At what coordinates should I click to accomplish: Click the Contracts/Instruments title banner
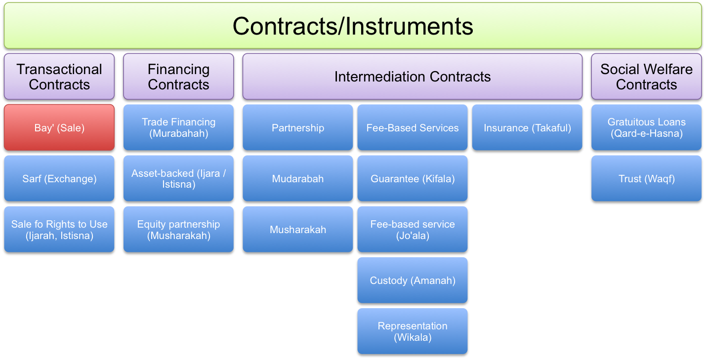[x=353, y=26]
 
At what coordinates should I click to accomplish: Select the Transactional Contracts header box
[x=59, y=77]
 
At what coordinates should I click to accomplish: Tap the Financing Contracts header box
[x=178, y=77]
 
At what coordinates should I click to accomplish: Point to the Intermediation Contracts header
[x=412, y=77]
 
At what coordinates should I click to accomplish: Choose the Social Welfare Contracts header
[x=646, y=77]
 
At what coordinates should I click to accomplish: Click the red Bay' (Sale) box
[x=59, y=128]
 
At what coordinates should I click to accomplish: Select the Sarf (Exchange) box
[x=59, y=179]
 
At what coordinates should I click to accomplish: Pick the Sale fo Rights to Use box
[x=59, y=230]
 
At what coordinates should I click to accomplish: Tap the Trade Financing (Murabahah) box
[x=178, y=128]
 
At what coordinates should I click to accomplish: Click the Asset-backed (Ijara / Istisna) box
[x=178, y=179]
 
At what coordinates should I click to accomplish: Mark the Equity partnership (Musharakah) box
[x=178, y=230]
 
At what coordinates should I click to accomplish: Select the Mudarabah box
[x=298, y=179]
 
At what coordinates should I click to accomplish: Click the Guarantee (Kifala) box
[x=413, y=179]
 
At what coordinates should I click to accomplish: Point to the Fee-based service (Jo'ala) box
[x=413, y=230]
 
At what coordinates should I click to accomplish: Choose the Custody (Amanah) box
[x=413, y=280]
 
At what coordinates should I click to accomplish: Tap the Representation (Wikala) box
[x=413, y=332]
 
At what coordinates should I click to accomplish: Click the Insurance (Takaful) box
[x=527, y=128]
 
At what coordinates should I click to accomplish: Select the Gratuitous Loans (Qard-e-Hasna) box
[x=646, y=128]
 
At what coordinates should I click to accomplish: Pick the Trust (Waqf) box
[x=646, y=179]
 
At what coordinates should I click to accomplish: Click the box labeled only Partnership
[x=298, y=128]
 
